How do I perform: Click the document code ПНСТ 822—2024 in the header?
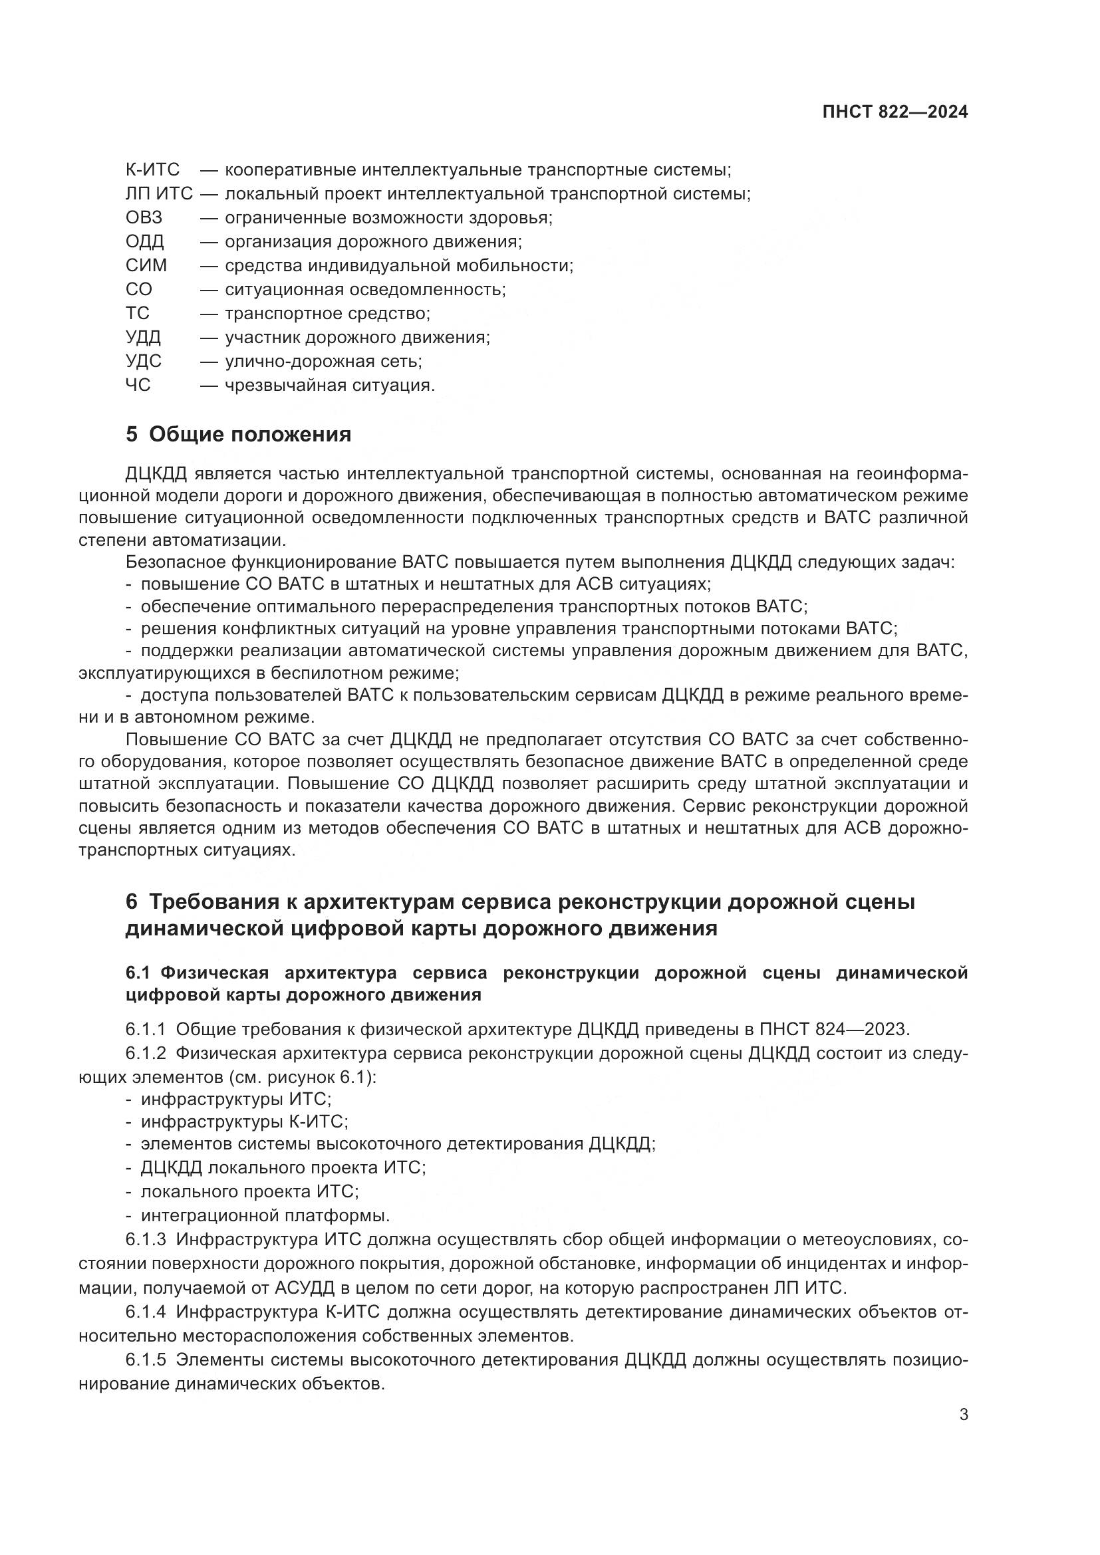point(894,112)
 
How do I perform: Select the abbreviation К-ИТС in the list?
point(152,170)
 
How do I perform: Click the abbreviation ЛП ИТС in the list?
point(159,194)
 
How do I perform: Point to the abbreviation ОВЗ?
point(144,218)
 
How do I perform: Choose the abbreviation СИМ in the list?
point(146,265)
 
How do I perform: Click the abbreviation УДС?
point(144,361)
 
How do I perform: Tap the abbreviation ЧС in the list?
point(138,386)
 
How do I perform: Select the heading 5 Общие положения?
point(239,435)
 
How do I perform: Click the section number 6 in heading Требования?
point(132,903)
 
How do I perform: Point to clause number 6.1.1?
point(145,1029)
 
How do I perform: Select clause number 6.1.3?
point(145,1240)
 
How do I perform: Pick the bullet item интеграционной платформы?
point(265,1216)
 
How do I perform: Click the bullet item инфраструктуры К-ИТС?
point(244,1122)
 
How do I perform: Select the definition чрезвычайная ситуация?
point(329,386)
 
